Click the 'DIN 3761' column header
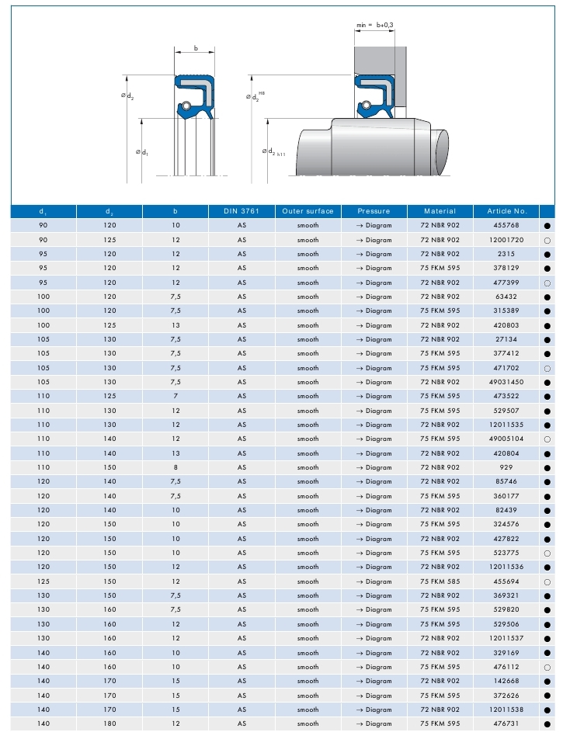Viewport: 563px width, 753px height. (x=242, y=211)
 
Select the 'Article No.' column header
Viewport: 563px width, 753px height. (x=507, y=211)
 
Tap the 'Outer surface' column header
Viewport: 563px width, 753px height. (x=308, y=211)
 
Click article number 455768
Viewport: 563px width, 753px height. (x=507, y=226)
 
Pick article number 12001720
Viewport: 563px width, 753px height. (x=507, y=240)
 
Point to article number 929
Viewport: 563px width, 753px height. (x=507, y=468)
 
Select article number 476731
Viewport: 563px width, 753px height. (x=507, y=724)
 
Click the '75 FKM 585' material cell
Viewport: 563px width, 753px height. (x=440, y=581)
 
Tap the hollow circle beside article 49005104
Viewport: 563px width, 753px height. (x=547, y=439)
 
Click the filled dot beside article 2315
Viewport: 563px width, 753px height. (x=547, y=255)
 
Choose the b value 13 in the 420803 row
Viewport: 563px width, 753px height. (x=176, y=325)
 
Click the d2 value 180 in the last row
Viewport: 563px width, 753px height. (x=109, y=724)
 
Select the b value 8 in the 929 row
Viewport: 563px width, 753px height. (x=176, y=468)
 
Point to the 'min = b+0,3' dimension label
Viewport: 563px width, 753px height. (x=375, y=26)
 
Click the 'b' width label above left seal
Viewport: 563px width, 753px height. (x=196, y=48)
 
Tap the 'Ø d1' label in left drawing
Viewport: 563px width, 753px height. (x=142, y=152)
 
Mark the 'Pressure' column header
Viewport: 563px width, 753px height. (x=374, y=211)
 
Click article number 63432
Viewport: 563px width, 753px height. (x=507, y=297)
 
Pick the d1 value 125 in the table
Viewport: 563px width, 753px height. (x=43, y=581)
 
